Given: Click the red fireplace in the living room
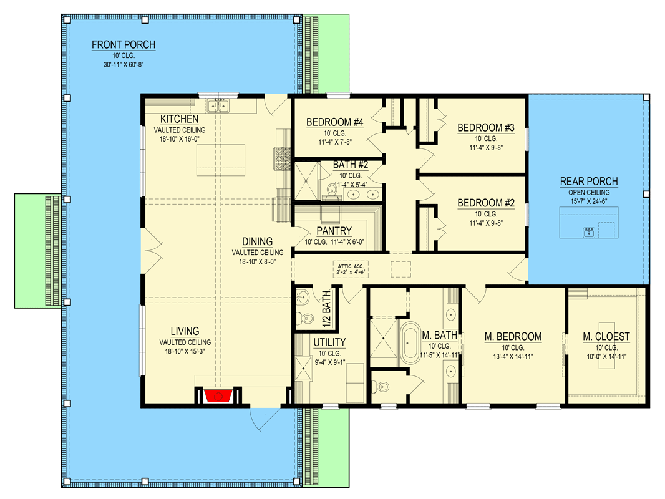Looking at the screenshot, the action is coord(218,396).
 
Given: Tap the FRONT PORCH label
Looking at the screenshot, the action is coord(124,44).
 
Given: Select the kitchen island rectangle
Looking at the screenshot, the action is coord(221,160).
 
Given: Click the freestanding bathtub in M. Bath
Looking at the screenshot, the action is coord(410,343).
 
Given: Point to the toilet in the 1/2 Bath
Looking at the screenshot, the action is coord(304,317).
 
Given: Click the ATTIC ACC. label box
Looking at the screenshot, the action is coord(351,269).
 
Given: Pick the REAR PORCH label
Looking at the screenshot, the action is coord(589,182).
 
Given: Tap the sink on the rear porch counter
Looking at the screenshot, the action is coord(589,231).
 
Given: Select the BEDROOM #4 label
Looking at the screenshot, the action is coord(334,122).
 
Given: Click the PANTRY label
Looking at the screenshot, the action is coord(334,231).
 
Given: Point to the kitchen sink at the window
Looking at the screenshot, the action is coord(218,105).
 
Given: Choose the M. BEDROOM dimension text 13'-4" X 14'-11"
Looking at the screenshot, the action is coord(513,357).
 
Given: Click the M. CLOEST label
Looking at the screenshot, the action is coord(606,337).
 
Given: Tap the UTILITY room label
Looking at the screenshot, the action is coord(329,342).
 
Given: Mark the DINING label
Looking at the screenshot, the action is coord(257,241).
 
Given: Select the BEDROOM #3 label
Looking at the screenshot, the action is coord(485,128).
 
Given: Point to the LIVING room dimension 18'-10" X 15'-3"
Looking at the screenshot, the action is coord(185,351).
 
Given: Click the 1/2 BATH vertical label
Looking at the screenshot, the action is coord(326,309).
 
